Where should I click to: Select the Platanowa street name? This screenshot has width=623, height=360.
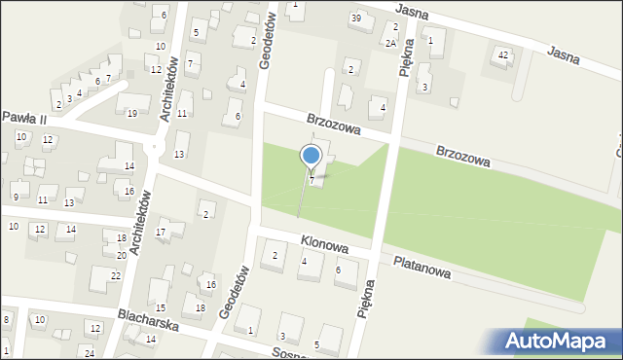coord(421,268)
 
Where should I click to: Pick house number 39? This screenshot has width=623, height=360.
coord(356,18)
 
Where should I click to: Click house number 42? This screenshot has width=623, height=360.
coord(502,54)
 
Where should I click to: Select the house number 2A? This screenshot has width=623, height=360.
coord(390,44)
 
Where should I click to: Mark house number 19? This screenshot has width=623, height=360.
coord(131,114)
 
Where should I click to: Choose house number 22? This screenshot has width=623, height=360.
coord(115,275)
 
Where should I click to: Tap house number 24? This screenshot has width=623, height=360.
coord(89,351)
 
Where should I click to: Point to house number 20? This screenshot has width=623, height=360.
coord(122,255)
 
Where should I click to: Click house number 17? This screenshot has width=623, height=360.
coord(161,232)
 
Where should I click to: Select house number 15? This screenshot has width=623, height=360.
coord(161,307)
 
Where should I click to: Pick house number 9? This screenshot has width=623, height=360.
coord(15,197)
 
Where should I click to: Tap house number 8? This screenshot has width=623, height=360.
coord(6,319)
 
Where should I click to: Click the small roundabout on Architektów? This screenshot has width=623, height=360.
coord(153,147)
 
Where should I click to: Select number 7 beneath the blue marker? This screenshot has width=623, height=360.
coord(311,179)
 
